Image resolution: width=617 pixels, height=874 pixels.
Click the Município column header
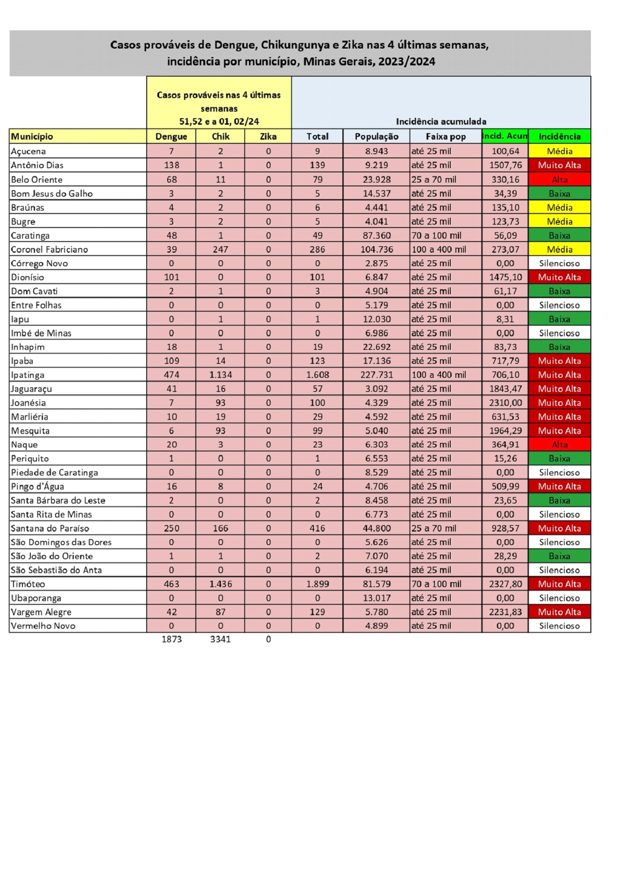click(32, 136)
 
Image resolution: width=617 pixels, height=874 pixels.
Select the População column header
click(376, 136)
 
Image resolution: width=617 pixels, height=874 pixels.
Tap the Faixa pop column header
click(446, 136)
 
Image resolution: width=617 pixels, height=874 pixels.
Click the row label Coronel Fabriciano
click(50, 249)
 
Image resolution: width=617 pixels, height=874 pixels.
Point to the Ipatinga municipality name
click(28, 375)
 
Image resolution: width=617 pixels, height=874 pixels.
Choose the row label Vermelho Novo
click(43, 626)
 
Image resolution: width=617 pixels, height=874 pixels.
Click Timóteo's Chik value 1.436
click(220, 584)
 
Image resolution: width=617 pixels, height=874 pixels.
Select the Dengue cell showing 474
click(171, 375)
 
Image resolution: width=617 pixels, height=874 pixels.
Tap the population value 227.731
click(376, 375)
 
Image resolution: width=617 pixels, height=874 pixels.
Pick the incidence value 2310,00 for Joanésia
click(505, 403)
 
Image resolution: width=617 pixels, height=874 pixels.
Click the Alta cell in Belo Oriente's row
click(560, 179)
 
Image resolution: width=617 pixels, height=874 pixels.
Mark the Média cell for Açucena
click(560, 151)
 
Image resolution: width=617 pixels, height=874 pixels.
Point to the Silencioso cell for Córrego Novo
click(560, 263)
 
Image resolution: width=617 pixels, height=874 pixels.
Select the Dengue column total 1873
click(171, 639)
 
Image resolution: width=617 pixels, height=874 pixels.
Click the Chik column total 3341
click(220, 639)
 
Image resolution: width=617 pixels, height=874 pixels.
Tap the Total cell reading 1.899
click(318, 584)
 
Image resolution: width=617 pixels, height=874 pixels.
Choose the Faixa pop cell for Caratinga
click(436, 235)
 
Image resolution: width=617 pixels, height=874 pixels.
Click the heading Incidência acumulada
click(441, 121)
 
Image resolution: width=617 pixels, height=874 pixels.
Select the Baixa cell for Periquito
click(560, 459)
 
